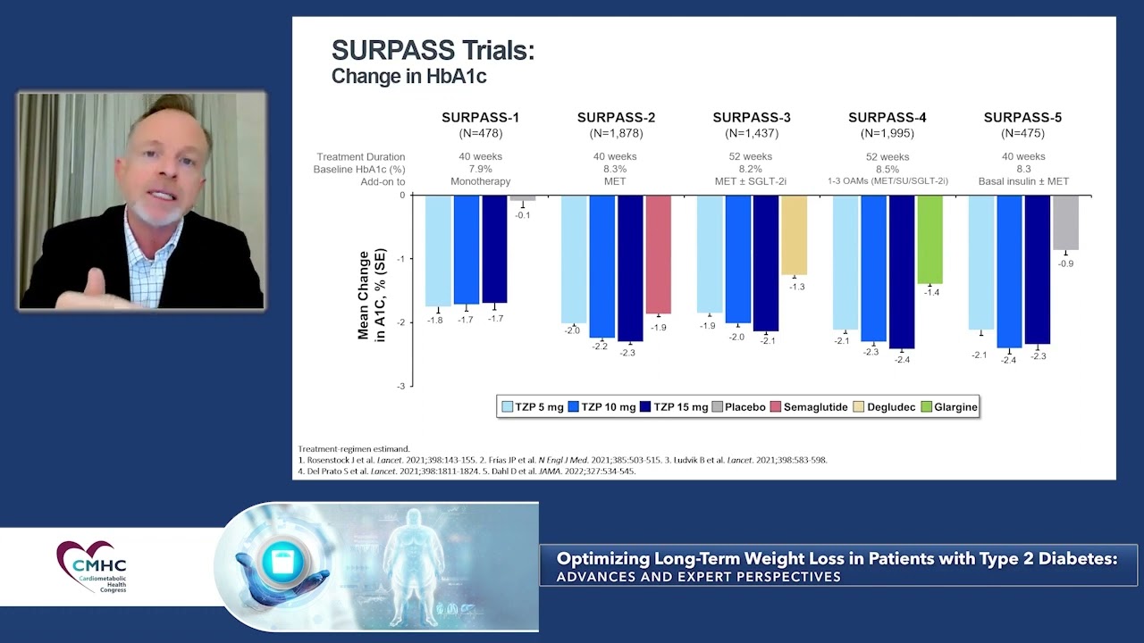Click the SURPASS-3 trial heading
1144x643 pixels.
pyautogui.click(x=751, y=117)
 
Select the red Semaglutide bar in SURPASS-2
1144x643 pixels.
pyautogui.click(x=658, y=255)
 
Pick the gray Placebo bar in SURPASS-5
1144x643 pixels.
pyautogui.click(x=1065, y=222)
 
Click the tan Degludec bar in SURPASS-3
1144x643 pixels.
pyautogui.click(x=794, y=235)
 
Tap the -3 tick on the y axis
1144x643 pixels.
pyautogui.click(x=402, y=386)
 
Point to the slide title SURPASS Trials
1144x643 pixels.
pyautogui.click(x=433, y=51)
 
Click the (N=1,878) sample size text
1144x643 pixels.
pyautogui.click(x=616, y=133)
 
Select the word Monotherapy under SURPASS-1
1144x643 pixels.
pyautogui.click(x=481, y=181)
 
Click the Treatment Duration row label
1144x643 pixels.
pyautogui.click(x=360, y=157)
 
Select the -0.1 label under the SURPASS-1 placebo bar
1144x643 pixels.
pyautogui.click(x=522, y=215)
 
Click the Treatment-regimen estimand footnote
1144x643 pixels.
pyautogui.click(x=354, y=448)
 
